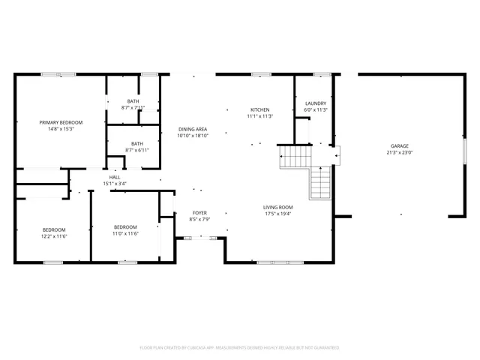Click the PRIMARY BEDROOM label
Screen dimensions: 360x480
pos(61,122)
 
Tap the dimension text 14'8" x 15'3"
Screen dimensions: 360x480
pos(61,129)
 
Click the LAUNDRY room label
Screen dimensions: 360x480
pos(316,103)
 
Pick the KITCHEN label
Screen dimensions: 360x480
pos(260,109)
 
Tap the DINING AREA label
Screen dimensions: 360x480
pos(193,129)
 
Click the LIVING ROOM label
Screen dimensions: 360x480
pos(277,207)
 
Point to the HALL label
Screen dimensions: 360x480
pos(115,177)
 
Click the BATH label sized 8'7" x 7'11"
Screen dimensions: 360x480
pos(133,101)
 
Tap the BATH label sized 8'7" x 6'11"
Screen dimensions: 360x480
pos(137,143)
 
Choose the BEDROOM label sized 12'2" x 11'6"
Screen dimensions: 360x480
pos(54,229)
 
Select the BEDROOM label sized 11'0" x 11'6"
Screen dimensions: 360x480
pos(125,227)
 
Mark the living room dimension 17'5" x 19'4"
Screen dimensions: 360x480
pos(277,214)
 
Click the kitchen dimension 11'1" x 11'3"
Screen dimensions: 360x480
pos(260,116)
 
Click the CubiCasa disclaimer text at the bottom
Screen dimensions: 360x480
pos(240,348)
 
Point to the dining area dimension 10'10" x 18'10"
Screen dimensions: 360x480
pos(193,136)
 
